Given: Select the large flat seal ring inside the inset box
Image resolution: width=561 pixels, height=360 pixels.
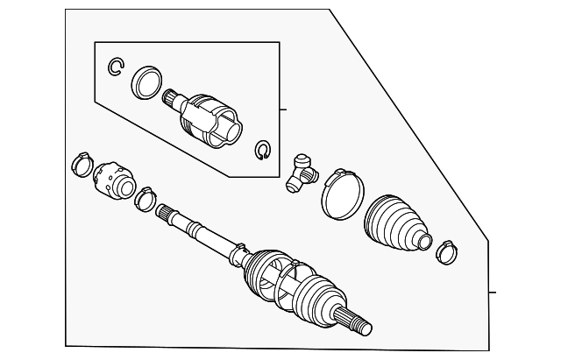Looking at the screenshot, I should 146,81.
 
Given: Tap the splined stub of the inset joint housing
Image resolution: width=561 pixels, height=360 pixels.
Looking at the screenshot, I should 171,99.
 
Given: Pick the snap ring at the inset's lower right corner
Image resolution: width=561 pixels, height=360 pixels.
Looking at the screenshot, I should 262,151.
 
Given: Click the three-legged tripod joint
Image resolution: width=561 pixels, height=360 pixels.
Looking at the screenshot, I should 300,170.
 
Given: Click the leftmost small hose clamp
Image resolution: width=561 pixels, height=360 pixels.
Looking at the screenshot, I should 82,163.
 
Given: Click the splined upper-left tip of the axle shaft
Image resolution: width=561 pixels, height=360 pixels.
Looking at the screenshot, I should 166,213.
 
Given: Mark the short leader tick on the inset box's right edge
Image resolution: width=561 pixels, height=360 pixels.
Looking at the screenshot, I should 282,109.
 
